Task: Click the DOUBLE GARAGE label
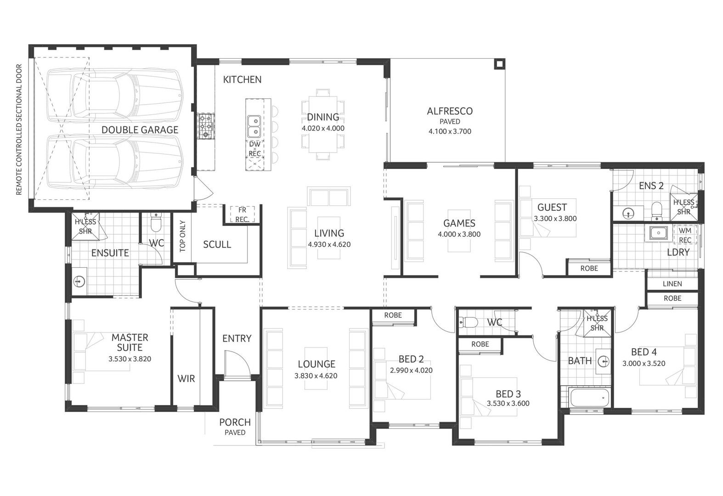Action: tap(140, 130)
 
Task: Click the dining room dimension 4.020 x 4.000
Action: tap(323, 129)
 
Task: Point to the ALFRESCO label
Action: tap(449, 111)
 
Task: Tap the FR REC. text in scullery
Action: tap(242, 215)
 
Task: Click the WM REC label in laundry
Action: tap(684, 235)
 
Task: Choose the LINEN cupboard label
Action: tap(672, 284)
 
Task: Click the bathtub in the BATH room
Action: tap(589, 398)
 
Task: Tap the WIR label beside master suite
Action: tap(186, 379)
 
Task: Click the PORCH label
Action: tap(235, 422)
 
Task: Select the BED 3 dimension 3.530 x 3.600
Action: tap(508, 404)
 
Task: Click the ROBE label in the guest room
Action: tap(588, 268)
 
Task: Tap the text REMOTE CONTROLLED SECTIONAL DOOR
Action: tap(19, 130)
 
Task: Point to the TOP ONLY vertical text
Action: tap(182, 237)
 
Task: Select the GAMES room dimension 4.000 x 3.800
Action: tap(459, 234)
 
